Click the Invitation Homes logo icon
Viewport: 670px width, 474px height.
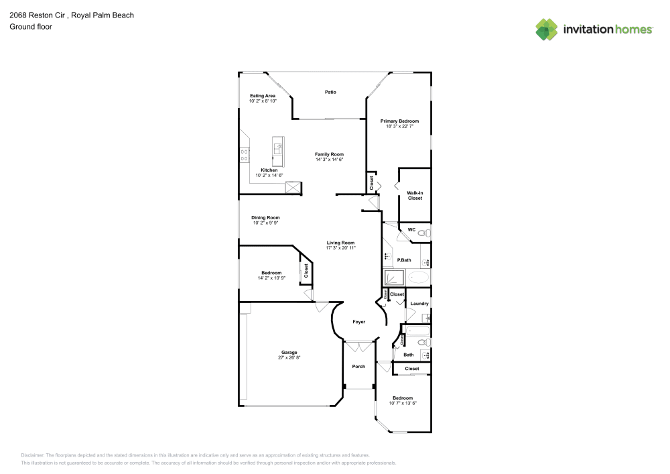[546, 29]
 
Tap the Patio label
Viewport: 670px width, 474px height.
[330, 92]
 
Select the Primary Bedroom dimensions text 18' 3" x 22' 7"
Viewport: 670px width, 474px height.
[399, 126]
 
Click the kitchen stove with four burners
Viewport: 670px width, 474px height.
[244, 156]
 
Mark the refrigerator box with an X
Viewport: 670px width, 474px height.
[293, 188]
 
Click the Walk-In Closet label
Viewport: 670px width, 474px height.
[415, 196]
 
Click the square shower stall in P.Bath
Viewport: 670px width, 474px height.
[393, 276]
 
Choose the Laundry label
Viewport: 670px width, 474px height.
[419, 304]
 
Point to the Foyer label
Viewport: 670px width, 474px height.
[359, 322]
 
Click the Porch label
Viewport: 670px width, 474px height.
[358, 366]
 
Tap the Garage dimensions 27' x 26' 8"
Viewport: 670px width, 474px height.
[289, 357]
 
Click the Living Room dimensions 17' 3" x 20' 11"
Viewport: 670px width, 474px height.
[340, 247]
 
